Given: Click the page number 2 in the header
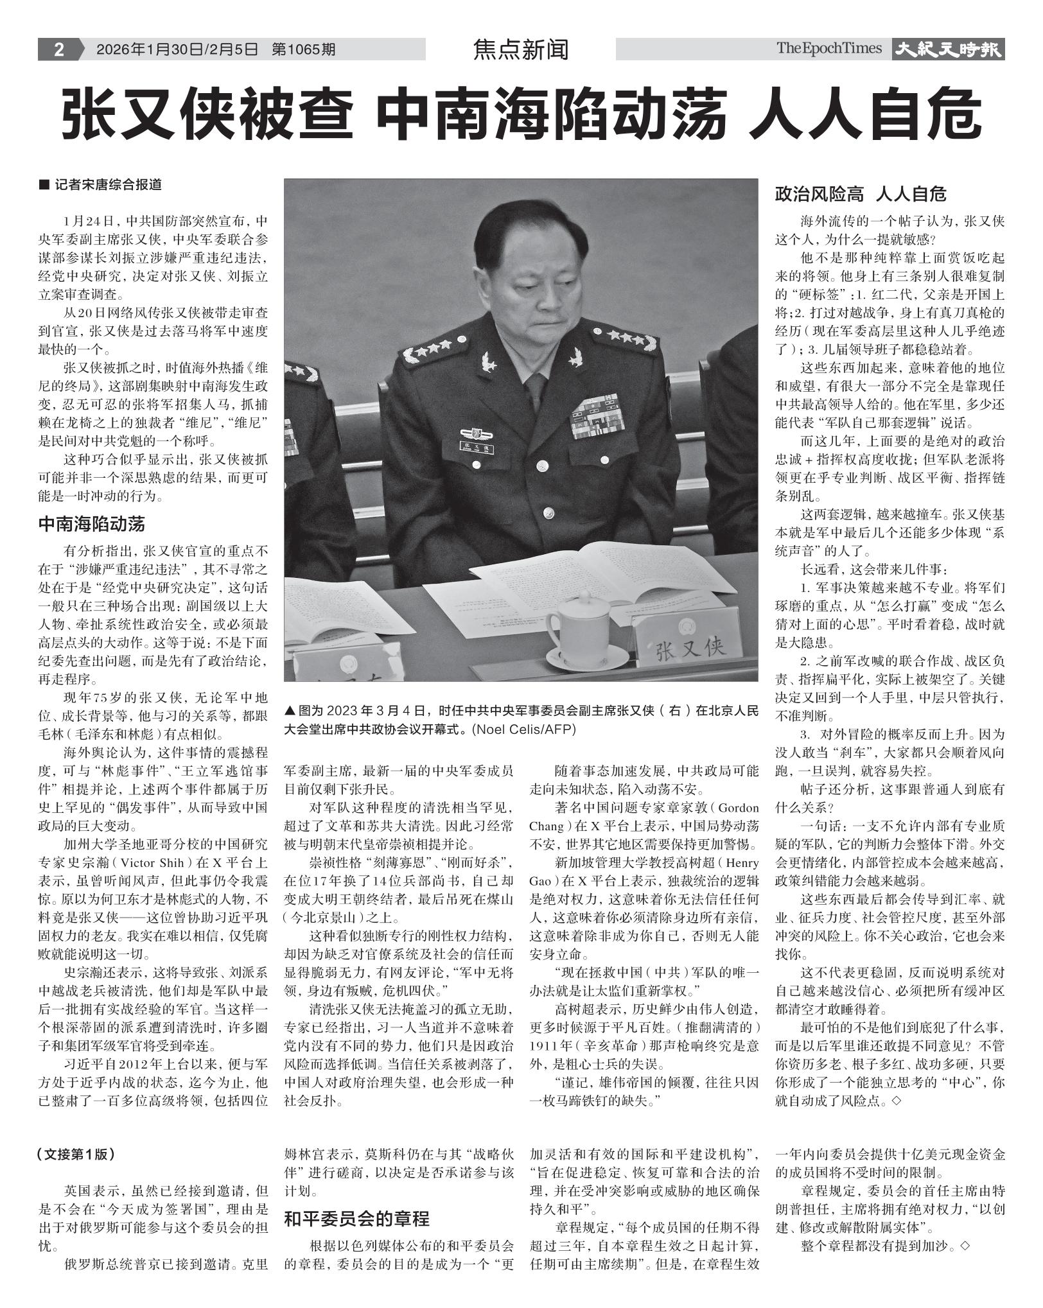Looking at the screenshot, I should (58, 49).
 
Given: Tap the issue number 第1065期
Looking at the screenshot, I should (303, 49).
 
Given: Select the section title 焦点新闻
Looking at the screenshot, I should (520, 49).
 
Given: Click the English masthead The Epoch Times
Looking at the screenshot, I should (828, 48).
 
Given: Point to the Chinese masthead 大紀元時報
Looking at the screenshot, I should (948, 49).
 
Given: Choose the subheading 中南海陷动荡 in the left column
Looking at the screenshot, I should (92, 524).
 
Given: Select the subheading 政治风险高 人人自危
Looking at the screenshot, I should (861, 193).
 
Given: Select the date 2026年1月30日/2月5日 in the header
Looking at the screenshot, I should (177, 49).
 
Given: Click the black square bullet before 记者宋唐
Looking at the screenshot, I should (44, 185).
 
